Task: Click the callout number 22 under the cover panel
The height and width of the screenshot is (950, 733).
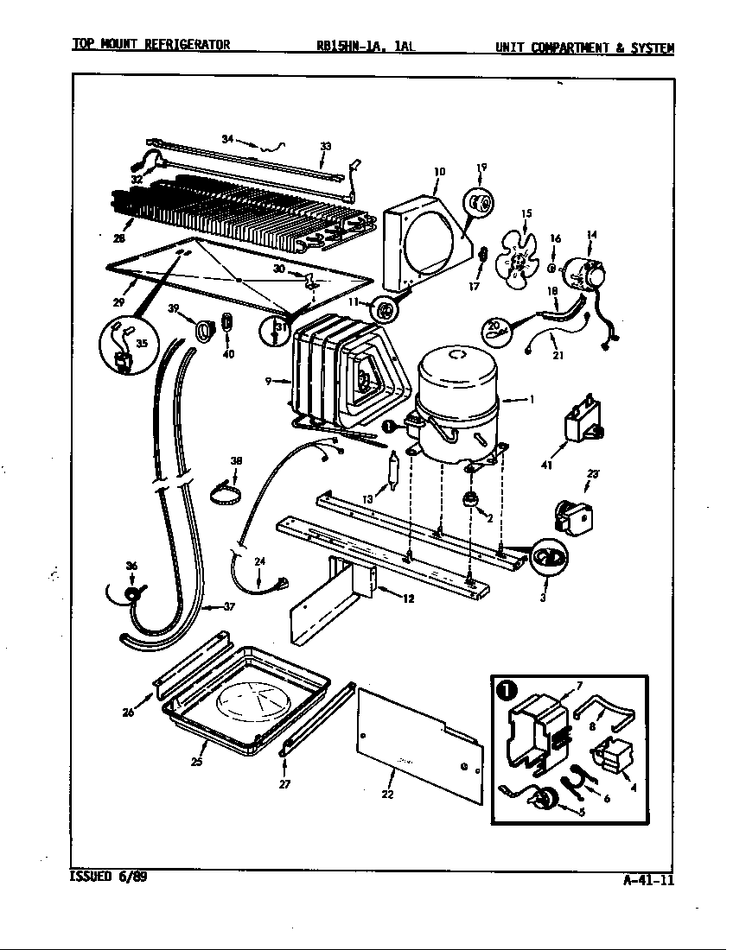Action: [x=388, y=795]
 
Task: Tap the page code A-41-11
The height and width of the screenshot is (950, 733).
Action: [x=647, y=880]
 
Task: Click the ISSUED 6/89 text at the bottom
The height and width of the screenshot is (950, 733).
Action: [x=100, y=876]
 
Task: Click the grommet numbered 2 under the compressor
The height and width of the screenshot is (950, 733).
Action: [x=473, y=501]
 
